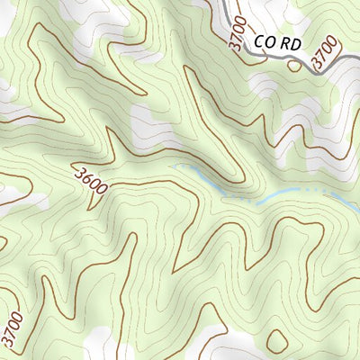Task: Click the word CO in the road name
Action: (264, 41)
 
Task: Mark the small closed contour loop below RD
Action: (293, 64)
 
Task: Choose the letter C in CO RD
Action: (258, 41)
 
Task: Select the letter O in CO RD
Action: (270, 41)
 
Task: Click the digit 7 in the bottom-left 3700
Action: (11, 334)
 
